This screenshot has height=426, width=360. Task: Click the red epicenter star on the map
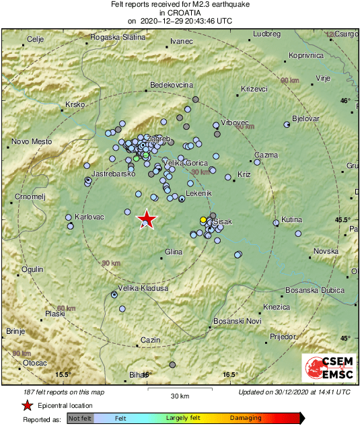click(146, 219)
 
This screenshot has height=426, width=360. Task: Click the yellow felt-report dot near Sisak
click(203, 220)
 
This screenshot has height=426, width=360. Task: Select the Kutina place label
click(291, 219)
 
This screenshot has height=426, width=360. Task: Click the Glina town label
click(174, 252)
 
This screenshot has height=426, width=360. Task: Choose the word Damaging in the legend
click(246, 418)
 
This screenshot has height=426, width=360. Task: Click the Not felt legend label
click(80, 418)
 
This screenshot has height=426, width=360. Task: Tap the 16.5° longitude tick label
click(230, 375)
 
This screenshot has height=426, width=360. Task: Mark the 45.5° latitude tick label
click(344, 220)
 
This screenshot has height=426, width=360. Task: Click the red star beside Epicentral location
click(27, 405)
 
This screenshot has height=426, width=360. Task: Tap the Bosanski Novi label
click(237, 322)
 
